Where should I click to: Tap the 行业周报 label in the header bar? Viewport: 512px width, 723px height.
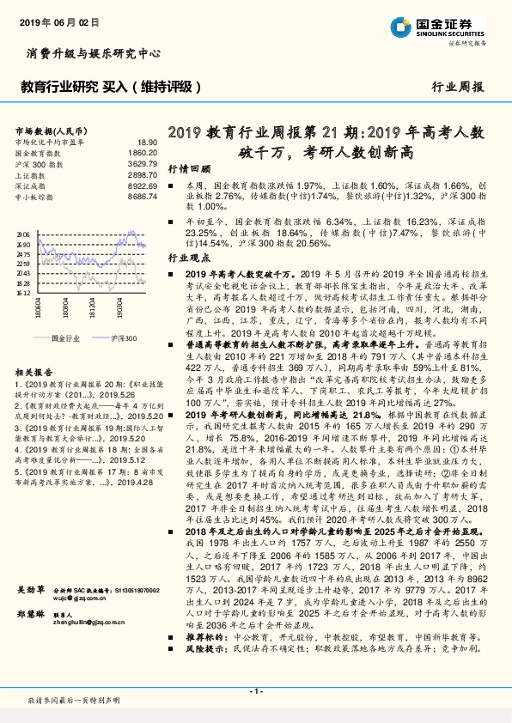click(x=457, y=87)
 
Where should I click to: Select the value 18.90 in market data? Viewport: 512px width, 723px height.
click(x=147, y=142)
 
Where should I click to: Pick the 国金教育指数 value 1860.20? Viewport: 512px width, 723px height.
click(x=143, y=152)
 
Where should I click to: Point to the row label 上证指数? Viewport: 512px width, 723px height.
click(x=34, y=174)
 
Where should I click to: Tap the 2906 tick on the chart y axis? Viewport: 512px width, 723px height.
click(x=24, y=234)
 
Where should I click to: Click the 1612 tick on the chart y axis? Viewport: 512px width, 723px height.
click(x=24, y=293)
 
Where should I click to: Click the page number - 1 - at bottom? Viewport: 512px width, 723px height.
click(x=255, y=690)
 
